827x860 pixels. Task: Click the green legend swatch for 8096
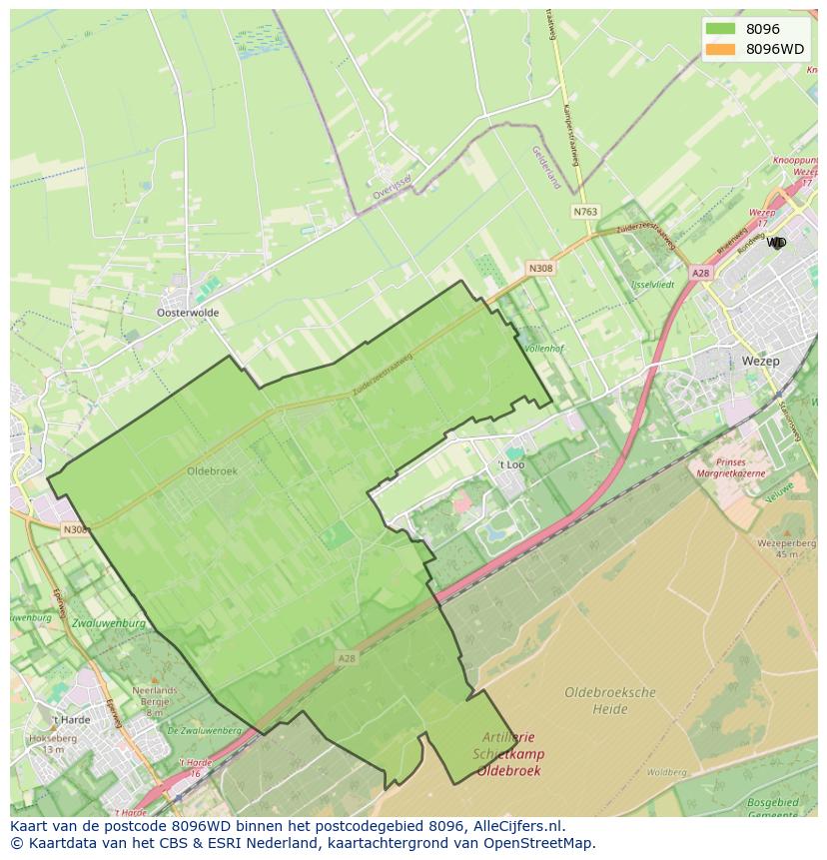[718, 29]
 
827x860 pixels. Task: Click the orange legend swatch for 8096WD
[718, 49]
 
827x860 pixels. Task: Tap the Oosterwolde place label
[188, 313]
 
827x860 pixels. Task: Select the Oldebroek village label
[212, 470]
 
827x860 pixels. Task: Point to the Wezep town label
[761, 362]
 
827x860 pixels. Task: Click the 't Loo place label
[510, 465]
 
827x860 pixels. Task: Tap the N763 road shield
[585, 212]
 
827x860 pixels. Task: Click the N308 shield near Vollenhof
[540, 268]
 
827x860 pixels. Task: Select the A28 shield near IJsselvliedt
[700, 272]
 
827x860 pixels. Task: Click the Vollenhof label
[544, 349]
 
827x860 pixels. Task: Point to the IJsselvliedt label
[653, 285]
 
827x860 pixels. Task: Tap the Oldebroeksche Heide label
[609, 700]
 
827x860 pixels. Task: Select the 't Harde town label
[71, 719]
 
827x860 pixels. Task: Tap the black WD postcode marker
[776, 243]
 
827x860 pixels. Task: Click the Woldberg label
[666, 772]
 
